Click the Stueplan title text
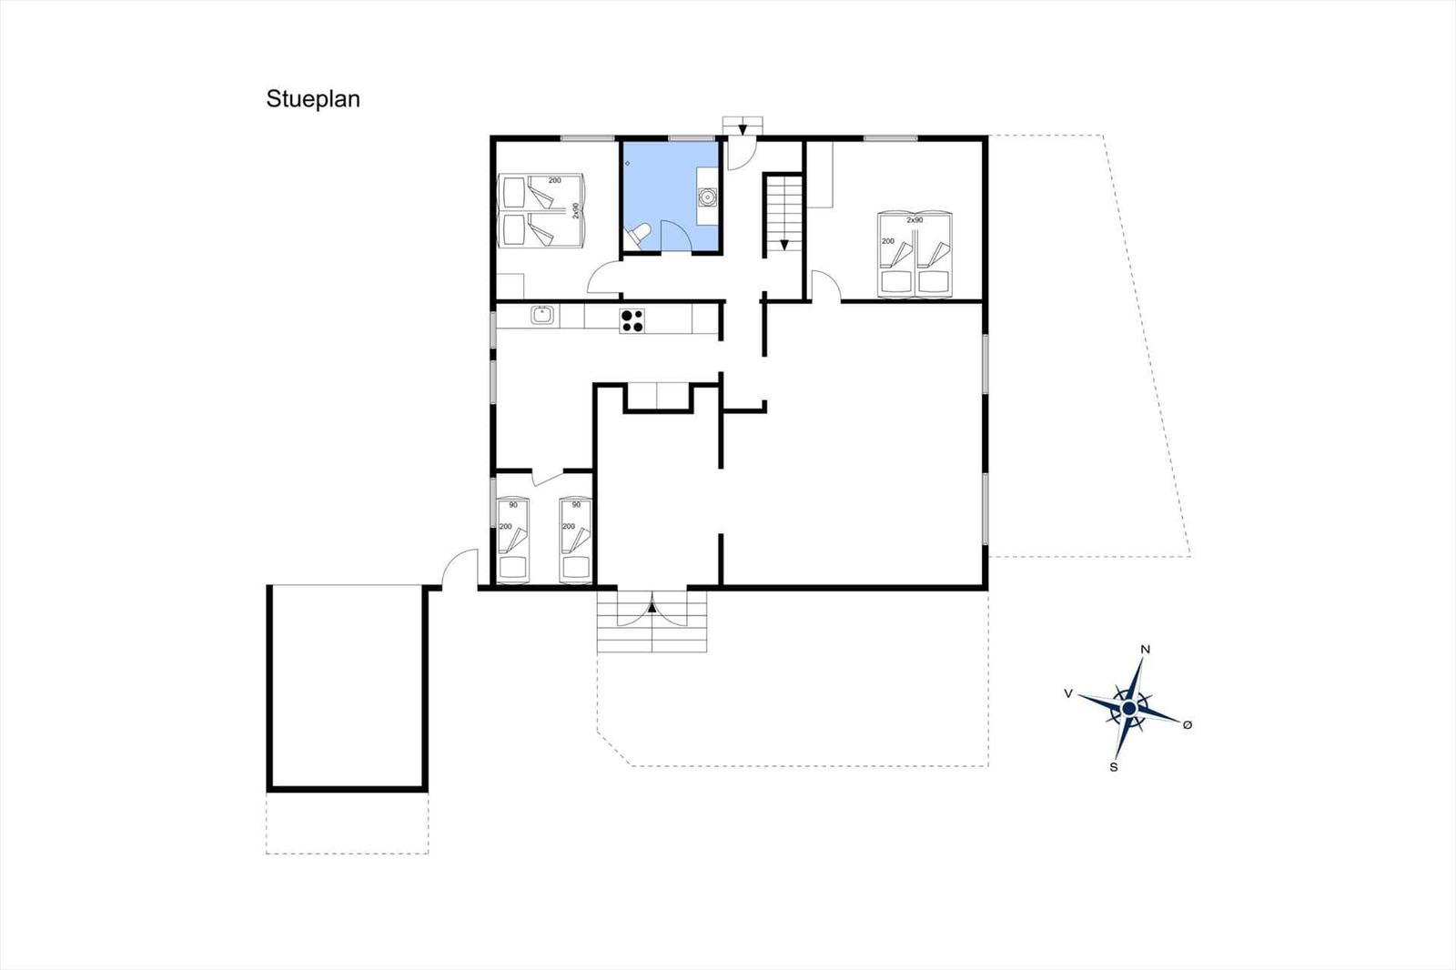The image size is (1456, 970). pyautogui.click(x=313, y=99)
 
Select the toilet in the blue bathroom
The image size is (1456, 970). pyautogui.click(x=636, y=236)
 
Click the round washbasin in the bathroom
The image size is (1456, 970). pyautogui.click(x=706, y=196)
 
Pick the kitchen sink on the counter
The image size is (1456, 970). pyautogui.click(x=542, y=316)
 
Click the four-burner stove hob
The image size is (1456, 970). pyautogui.click(x=632, y=320)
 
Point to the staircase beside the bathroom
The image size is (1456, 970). pyautogui.click(x=784, y=215)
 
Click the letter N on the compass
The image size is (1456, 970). pyautogui.click(x=1146, y=650)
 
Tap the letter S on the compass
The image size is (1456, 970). pyautogui.click(x=1114, y=767)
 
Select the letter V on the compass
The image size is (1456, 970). pyautogui.click(x=1068, y=693)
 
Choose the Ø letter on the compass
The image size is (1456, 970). pyautogui.click(x=1188, y=724)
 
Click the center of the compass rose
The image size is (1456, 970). pyautogui.click(x=1129, y=707)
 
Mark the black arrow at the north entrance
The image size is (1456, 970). pyautogui.click(x=743, y=129)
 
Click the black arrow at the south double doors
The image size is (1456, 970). pyautogui.click(x=652, y=607)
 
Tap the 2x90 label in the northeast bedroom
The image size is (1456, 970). pyautogui.click(x=915, y=219)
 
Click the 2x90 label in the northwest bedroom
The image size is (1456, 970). pyautogui.click(x=575, y=210)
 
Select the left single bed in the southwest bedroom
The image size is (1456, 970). pyautogui.click(x=513, y=540)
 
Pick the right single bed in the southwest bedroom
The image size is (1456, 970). pyautogui.click(x=576, y=540)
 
